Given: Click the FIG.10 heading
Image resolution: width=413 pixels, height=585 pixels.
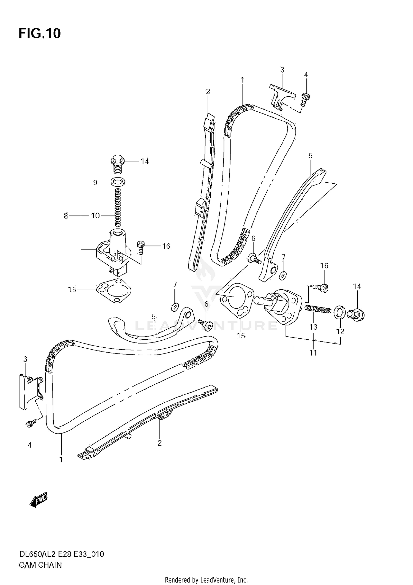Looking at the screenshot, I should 40,33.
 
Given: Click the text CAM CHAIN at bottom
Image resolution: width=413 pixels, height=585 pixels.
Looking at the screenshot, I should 40,565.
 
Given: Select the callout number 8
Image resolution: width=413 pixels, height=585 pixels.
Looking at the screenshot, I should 66,216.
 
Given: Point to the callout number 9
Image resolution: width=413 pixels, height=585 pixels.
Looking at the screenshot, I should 95,183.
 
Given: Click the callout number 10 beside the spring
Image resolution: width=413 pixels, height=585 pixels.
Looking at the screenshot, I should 95,216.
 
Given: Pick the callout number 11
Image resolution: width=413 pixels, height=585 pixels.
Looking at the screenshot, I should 313,353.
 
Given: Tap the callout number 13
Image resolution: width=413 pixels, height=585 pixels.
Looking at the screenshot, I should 313,327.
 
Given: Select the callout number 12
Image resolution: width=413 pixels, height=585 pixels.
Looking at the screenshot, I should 340,331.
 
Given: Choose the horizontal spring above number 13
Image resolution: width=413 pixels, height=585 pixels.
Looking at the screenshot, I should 317,309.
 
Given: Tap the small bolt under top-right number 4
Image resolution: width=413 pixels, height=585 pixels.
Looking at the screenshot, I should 305,99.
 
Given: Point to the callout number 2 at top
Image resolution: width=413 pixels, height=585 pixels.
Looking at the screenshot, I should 208,91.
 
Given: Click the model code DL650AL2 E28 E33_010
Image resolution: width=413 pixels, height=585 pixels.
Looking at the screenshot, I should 61,554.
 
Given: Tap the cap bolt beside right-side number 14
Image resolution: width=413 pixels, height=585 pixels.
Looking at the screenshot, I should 356,314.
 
